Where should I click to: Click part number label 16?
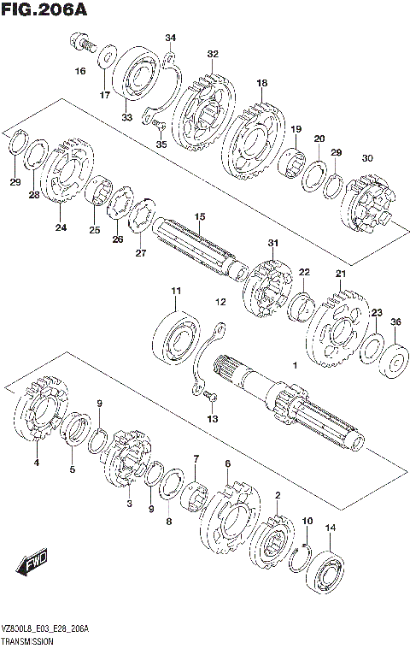point(80,72)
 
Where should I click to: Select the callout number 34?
point(171,38)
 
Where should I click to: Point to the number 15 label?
point(199,217)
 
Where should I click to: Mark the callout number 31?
point(273,244)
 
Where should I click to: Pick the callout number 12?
point(220,302)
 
